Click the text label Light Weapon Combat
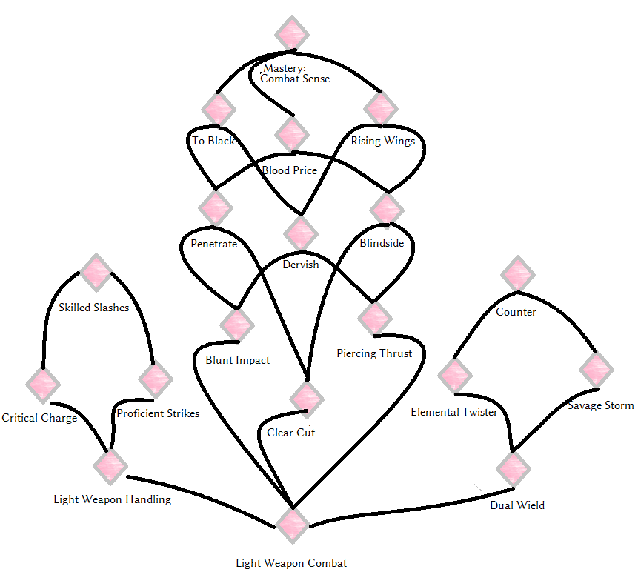coord(291,563)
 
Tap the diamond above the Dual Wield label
coord(514,469)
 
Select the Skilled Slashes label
coord(93,308)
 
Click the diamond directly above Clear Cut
coord(307,399)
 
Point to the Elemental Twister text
coord(454,412)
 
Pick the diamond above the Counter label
coord(517,274)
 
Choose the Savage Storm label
coord(600,405)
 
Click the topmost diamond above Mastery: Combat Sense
coord(292,34)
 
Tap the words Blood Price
coord(289,170)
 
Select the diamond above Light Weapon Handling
coord(110,466)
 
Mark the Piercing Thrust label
coord(374,353)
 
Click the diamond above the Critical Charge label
coord(43,385)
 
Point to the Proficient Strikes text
coord(158,413)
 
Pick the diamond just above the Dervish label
coord(301,234)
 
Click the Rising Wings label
coord(383,141)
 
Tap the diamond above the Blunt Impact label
coord(237,325)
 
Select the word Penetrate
coord(213,244)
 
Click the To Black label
coord(213,141)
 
